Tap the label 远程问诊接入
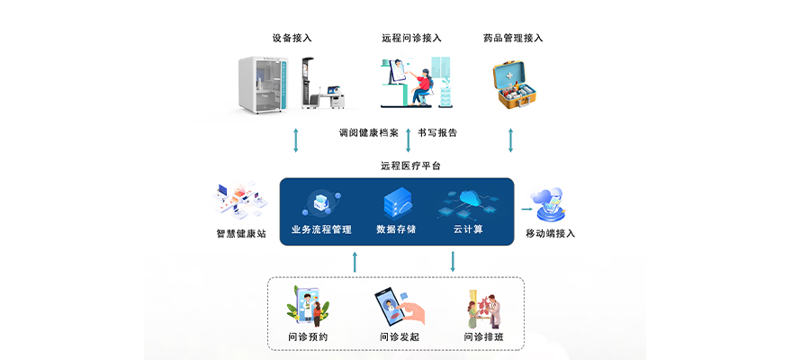[411, 38]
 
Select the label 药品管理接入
[513, 38]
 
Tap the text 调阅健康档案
[368, 132]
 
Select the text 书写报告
[437, 132]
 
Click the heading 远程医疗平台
[410, 166]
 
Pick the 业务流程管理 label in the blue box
[321, 229]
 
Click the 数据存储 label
[396, 229]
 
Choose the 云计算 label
[468, 229]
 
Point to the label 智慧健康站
[241, 234]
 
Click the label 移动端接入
[550, 234]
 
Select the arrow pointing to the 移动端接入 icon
[526, 207]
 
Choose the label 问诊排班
[484, 337]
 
